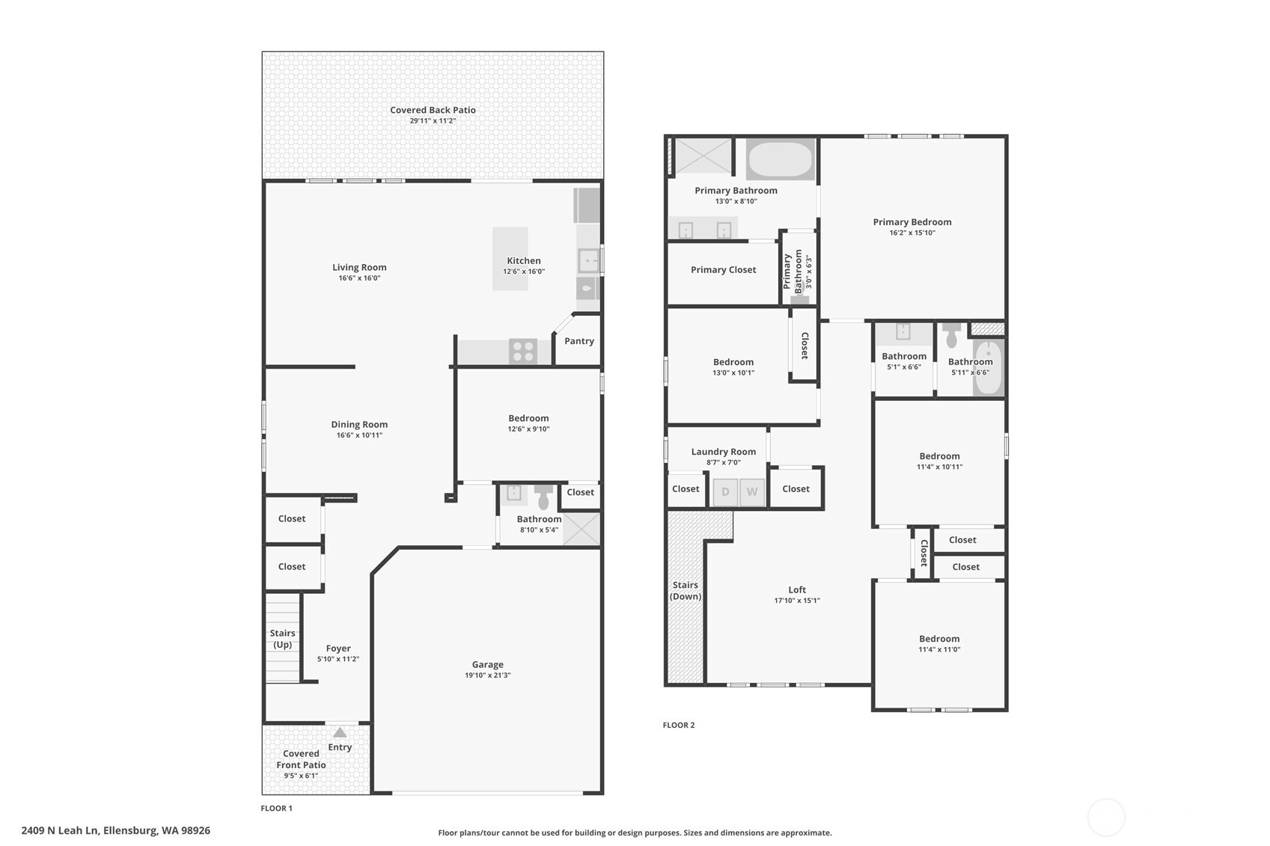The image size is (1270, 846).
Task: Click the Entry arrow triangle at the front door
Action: click(340, 732)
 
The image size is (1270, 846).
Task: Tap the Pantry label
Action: click(578, 341)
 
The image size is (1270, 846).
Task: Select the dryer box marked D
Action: click(725, 492)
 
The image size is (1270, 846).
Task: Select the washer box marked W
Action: click(752, 492)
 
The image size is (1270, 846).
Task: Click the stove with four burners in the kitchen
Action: click(522, 352)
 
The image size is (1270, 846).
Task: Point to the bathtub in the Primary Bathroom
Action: click(780, 159)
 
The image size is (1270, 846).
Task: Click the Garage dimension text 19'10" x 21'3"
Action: click(488, 675)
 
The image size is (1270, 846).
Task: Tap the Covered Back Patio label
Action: click(433, 110)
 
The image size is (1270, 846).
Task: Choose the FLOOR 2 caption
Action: click(679, 725)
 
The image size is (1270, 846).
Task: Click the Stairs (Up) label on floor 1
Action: click(282, 639)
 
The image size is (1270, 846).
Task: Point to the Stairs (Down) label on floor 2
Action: click(686, 590)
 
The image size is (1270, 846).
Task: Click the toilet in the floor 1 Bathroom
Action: click(543, 497)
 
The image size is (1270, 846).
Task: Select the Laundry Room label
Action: click(724, 452)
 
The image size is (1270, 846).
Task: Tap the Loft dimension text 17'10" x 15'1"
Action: click(797, 600)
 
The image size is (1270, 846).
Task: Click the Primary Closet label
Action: click(724, 270)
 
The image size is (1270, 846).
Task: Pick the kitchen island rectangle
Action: click(510, 259)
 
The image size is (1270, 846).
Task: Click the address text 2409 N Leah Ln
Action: click(60, 830)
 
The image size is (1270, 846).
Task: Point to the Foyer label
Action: click(338, 649)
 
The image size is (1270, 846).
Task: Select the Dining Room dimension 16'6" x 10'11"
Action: click(359, 435)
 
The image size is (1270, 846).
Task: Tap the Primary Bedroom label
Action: click(912, 222)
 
